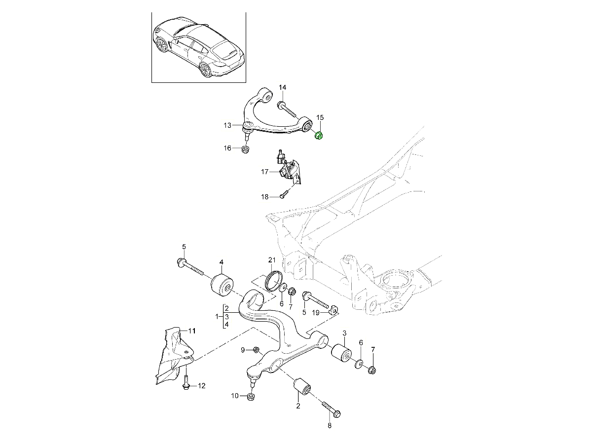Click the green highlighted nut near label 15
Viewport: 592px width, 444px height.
click(x=319, y=135)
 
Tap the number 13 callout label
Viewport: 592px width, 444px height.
click(x=227, y=126)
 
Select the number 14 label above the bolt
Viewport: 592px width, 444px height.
click(x=282, y=88)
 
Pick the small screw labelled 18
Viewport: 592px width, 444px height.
click(x=282, y=195)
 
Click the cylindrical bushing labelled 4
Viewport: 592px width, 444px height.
click(x=222, y=285)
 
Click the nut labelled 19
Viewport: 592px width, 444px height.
click(x=333, y=310)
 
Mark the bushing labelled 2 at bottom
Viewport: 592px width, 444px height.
click(x=302, y=388)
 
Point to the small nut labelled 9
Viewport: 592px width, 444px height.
click(x=256, y=350)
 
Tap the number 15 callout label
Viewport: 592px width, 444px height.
click(x=320, y=117)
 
